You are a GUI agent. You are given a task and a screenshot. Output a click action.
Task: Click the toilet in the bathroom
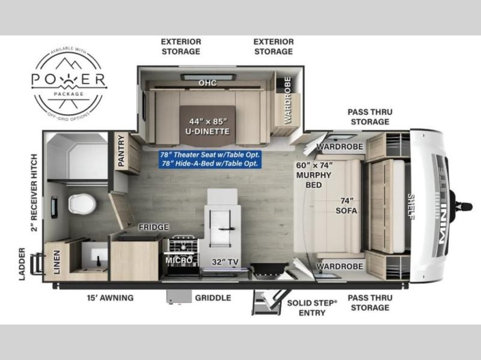(82, 204)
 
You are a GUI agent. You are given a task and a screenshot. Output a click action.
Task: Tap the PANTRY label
(121, 151)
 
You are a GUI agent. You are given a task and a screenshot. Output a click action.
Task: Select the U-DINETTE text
(207, 131)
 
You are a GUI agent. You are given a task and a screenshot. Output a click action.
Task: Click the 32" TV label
(225, 262)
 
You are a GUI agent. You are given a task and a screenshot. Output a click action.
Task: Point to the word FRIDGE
(154, 227)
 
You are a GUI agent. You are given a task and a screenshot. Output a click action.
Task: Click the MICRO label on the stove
(179, 260)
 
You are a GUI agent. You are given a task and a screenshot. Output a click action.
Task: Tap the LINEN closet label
(57, 262)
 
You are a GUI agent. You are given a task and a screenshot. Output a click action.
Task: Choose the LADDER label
(22, 264)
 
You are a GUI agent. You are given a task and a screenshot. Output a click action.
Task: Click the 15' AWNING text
(110, 297)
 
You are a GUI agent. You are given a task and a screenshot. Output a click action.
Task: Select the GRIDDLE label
(213, 297)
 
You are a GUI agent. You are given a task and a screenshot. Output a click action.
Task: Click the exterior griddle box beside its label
(179, 297)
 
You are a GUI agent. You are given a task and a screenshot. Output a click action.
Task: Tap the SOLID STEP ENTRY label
(312, 308)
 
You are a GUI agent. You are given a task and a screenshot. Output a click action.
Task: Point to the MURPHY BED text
(313, 180)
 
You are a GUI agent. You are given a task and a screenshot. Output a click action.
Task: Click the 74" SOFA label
(346, 206)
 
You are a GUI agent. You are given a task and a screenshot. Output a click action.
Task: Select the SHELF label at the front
(411, 206)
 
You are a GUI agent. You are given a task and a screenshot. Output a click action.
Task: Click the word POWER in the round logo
(69, 79)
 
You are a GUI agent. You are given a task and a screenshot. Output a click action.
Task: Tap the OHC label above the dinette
(207, 83)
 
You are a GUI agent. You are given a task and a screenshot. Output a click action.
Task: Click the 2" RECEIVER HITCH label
(34, 192)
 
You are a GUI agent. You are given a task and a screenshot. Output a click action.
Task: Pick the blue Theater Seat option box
(210, 159)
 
